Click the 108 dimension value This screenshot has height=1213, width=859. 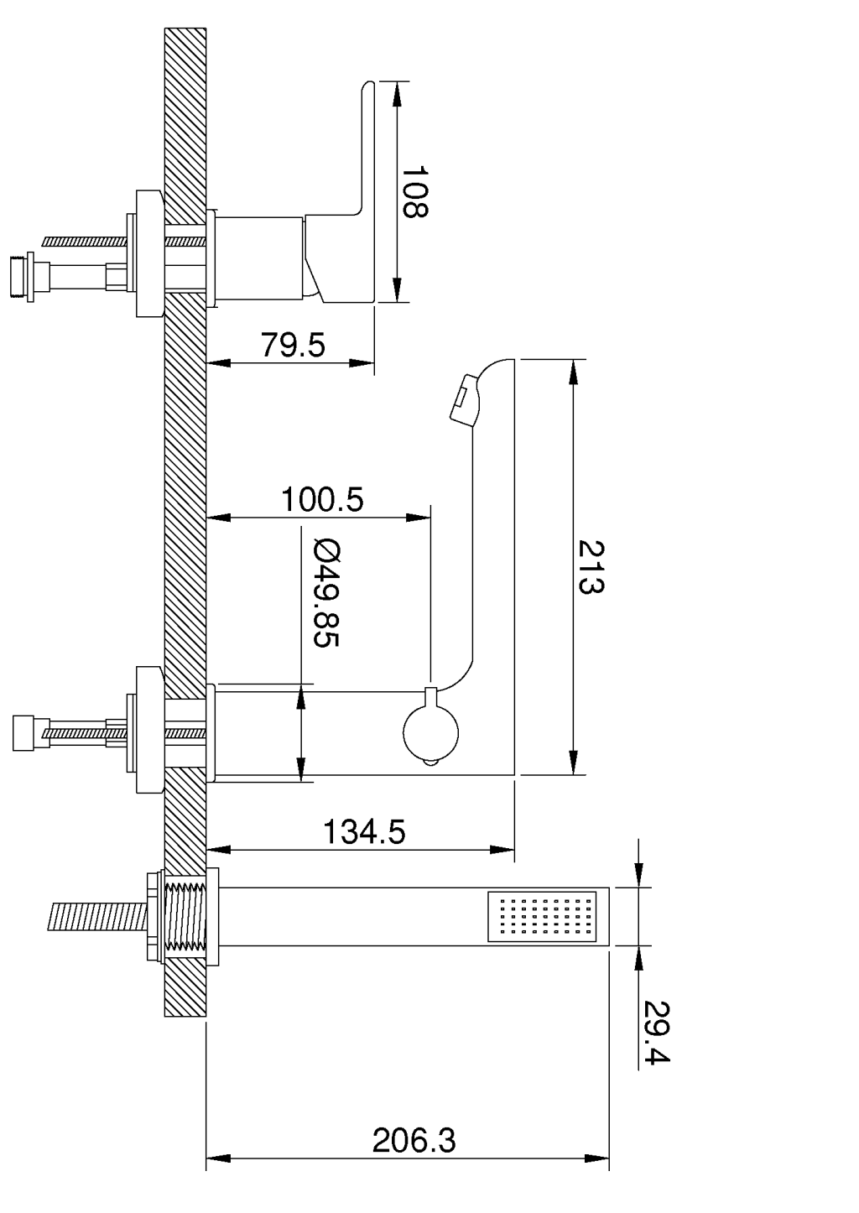[x=414, y=191]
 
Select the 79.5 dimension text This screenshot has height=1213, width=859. [x=292, y=345]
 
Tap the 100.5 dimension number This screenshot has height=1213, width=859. [x=322, y=500]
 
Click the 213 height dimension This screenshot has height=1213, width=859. [x=591, y=567]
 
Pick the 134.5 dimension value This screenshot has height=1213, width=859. [x=364, y=832]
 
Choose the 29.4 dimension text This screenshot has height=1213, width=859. [x=656, y=1031]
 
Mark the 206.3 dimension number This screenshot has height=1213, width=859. [x=414, y=1141]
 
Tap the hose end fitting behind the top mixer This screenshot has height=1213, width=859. [x=20, y=275]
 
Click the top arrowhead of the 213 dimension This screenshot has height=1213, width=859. [x=574, y=371]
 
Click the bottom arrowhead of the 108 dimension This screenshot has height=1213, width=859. [x=398, y=290]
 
